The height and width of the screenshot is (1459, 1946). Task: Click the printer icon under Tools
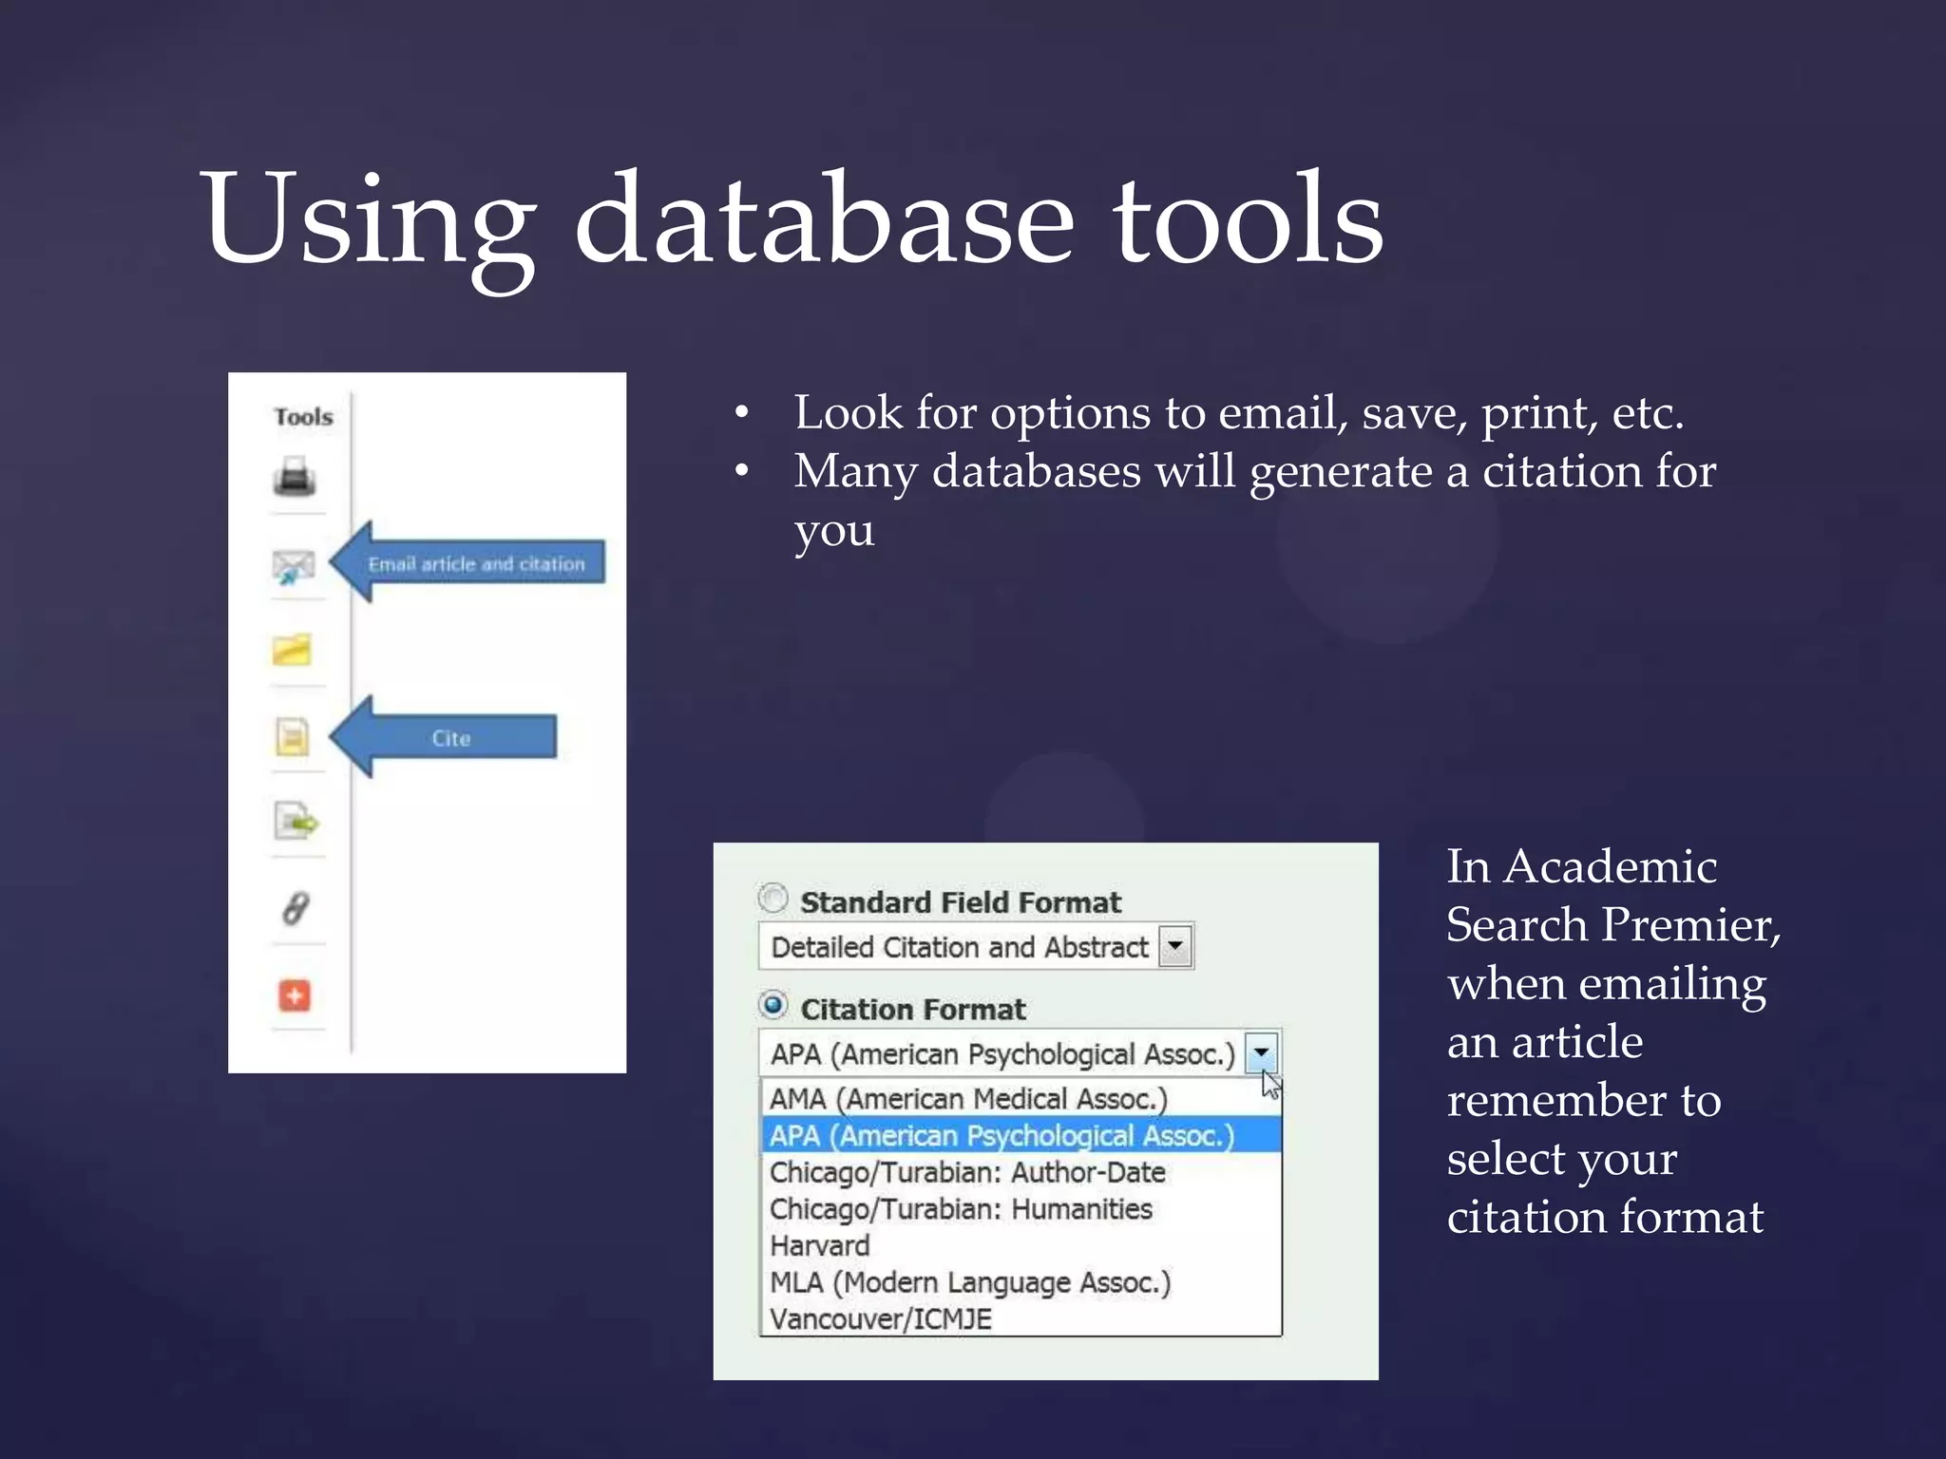point(295,476)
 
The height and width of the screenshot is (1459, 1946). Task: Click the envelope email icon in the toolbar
point(293,566)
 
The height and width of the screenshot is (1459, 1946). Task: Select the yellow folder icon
point(292,651)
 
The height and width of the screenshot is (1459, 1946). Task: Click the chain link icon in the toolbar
point(295,909)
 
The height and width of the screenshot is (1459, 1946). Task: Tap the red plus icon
point(295,995)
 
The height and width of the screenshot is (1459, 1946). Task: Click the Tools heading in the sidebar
point(303,417)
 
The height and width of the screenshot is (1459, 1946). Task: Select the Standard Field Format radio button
point(773,898)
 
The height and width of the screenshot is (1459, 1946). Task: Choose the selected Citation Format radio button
point(773,1004)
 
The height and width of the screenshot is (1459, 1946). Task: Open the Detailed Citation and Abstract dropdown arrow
point(1175,946)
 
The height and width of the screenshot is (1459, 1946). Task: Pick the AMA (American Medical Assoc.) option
point(967,1099)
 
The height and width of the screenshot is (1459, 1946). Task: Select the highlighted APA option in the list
point(1002,1136)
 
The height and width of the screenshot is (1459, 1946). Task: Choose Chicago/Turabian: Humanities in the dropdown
point(960,1209)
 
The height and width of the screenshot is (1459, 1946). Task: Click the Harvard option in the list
point(819,1245)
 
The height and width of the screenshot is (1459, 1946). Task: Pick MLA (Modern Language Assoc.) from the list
point(969,1282)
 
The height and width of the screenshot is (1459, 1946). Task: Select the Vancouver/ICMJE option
point(880,1318)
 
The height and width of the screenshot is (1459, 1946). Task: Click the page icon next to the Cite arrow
point(293,736)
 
